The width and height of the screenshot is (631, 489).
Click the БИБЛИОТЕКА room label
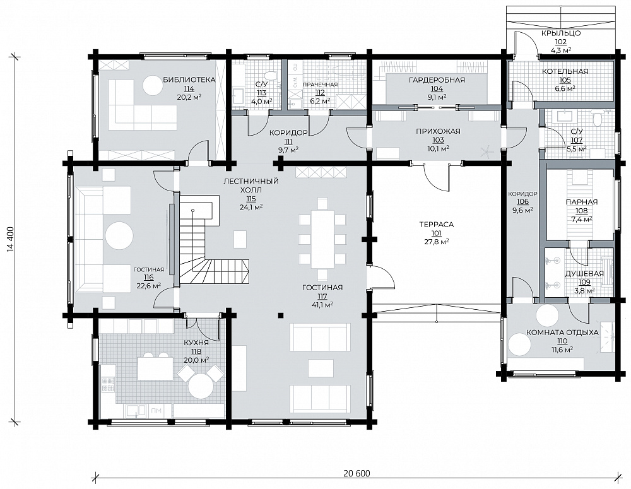[189, 80]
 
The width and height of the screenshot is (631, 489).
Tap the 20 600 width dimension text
[357, 473]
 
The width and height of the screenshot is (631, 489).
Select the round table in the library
[154, 85]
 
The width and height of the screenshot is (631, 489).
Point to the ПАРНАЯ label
[582, 202]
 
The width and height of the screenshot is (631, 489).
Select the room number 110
[562, 341]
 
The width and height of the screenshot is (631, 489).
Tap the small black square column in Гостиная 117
[281, 315]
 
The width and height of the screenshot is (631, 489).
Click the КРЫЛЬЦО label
[560, 33]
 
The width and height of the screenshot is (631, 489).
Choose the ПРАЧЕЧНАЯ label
[320, 85]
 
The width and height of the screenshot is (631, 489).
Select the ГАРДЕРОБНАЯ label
[437, 80]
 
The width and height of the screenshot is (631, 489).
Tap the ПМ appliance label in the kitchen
[156, 411]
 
